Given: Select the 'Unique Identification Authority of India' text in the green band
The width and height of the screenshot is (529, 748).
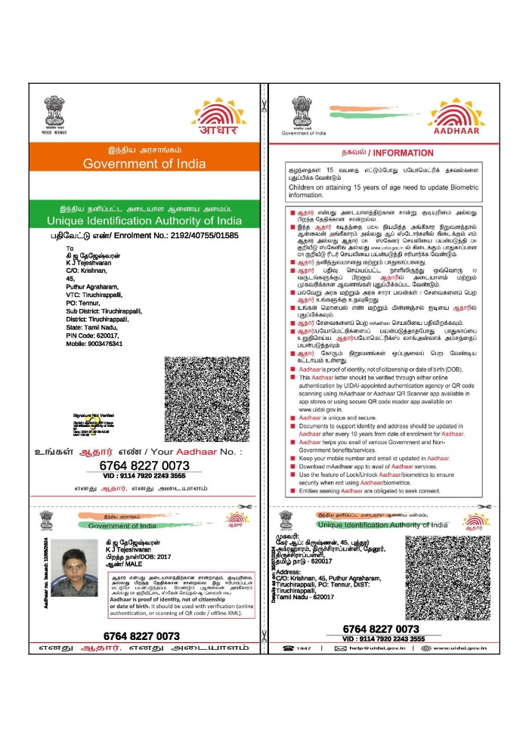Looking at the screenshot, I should (x=144, y=220).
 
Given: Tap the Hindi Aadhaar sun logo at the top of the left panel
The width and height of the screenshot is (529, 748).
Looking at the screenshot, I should (x=218, y=117).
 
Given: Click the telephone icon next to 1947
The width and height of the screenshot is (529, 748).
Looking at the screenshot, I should (x=287, y=648).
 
